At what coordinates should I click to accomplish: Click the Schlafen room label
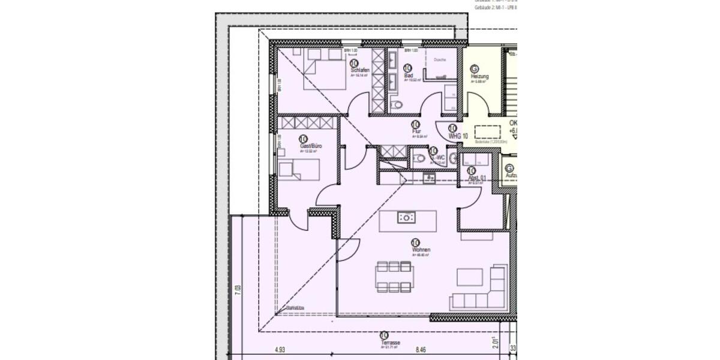(359, 70)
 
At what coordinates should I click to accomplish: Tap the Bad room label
(409, 76)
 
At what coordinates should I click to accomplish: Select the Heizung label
(479, 77)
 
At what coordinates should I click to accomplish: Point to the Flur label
(416, 131)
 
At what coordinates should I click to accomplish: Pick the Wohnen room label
(421, 249)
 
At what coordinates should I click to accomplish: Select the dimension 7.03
(238, 291)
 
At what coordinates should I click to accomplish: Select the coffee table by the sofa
(470, 277)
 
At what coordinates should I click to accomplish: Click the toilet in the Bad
(395, 106)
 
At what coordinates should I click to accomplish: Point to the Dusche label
(440, 59)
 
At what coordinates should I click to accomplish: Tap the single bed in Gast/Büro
(299, 170)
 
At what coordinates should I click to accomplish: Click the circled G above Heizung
(475, 68)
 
